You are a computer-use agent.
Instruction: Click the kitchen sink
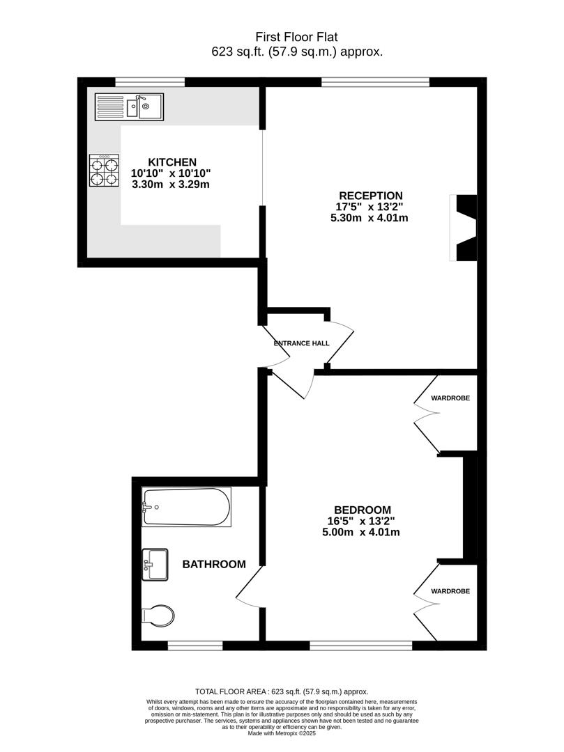[129, 107]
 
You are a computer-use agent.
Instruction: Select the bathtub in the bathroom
[186, 507]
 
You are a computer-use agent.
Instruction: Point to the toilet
[157, 616]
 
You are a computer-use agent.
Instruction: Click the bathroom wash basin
[155, 564]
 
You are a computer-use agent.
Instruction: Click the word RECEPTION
[371, 196]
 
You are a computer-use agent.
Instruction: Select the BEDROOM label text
[362, 510]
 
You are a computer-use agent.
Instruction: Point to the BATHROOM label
[214, 564]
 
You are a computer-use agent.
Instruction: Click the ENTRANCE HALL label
[301, 343]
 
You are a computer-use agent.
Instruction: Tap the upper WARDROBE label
[450, 398]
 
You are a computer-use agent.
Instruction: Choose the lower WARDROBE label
[450, 591]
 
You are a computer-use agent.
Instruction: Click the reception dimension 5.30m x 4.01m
[369, 218]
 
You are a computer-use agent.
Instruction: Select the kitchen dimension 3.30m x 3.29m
[171, 185]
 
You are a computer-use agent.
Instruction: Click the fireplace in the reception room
[466, 228]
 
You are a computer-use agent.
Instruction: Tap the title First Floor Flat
[297, 37]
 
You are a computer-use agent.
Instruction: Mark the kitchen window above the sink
[150, 82]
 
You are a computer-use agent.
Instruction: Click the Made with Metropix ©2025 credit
[282, 733]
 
